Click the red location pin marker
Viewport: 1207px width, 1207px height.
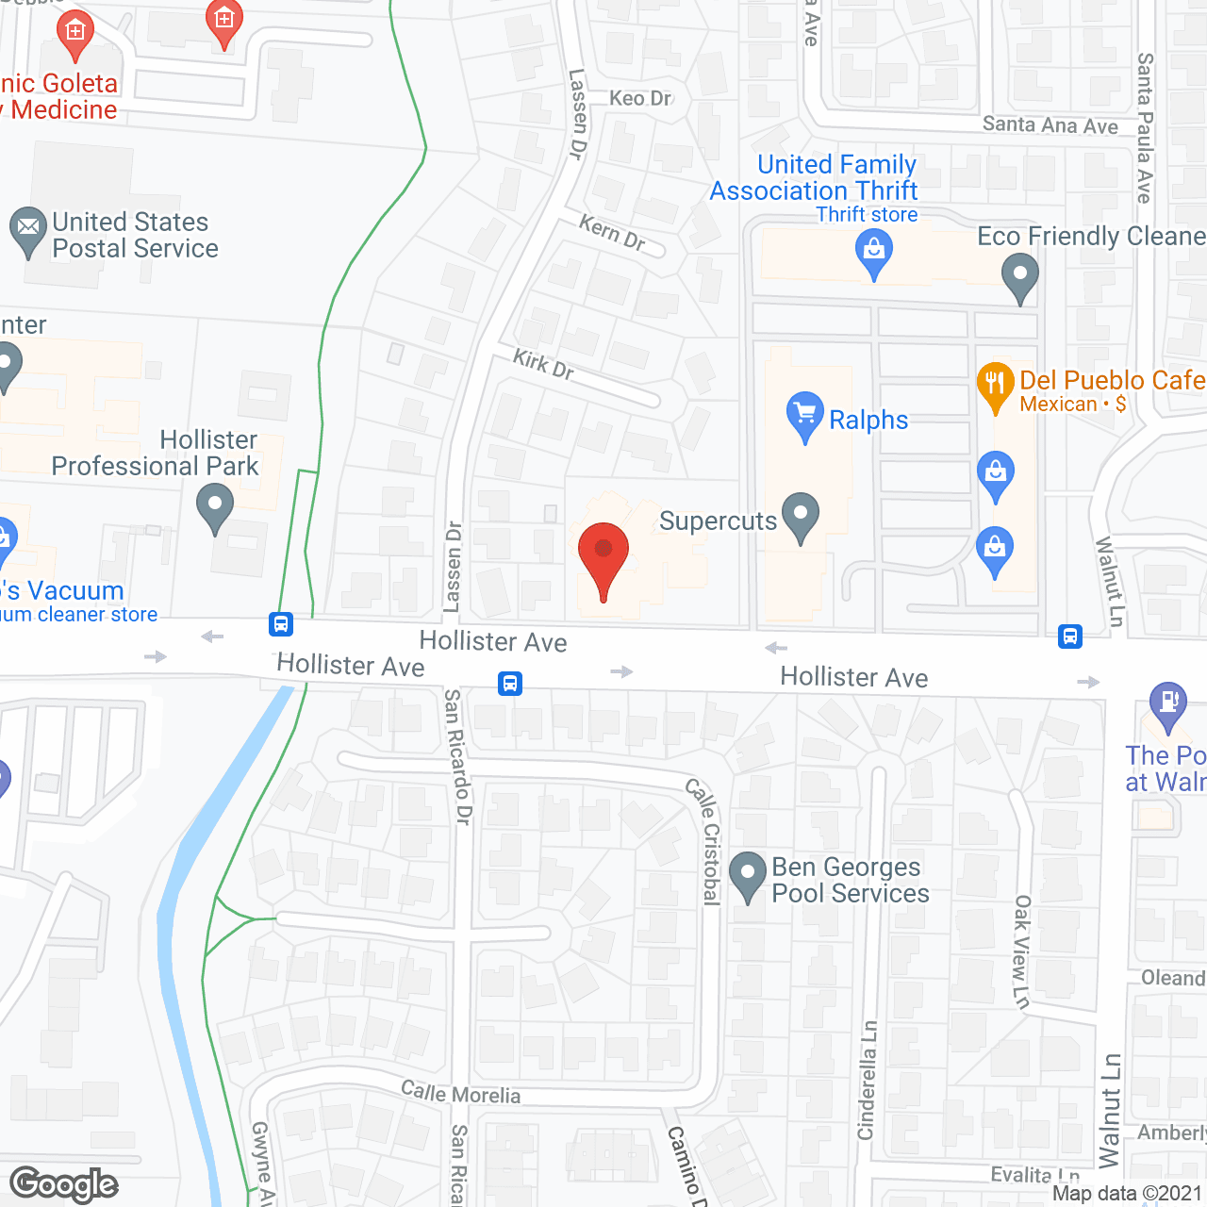(603, 556)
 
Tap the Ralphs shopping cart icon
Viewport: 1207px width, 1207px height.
(804, 414)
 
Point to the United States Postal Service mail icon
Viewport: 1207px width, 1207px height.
(28, 230)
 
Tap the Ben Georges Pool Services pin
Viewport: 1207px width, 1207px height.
(748, 875)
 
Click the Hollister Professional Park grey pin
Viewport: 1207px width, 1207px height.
(215, 506)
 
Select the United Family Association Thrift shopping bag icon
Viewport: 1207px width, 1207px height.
(874, 253)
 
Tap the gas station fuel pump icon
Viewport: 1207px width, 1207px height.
(1168, 704)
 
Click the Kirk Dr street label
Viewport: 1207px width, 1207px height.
(543, 363)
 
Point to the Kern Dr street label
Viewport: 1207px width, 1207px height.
(612, 233)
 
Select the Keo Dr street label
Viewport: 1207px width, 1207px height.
(640, 98)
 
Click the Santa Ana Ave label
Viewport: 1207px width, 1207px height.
(1050, 124)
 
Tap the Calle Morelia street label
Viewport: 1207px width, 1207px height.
(460, 1093)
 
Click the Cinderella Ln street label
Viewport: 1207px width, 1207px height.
(868, 1080)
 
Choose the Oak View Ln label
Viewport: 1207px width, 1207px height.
(1022, 951)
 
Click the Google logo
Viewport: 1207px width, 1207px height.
(64, 1184)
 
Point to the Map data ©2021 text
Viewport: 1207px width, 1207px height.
(1127, 1194)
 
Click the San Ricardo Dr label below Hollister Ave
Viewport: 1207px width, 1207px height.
(457, 756)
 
